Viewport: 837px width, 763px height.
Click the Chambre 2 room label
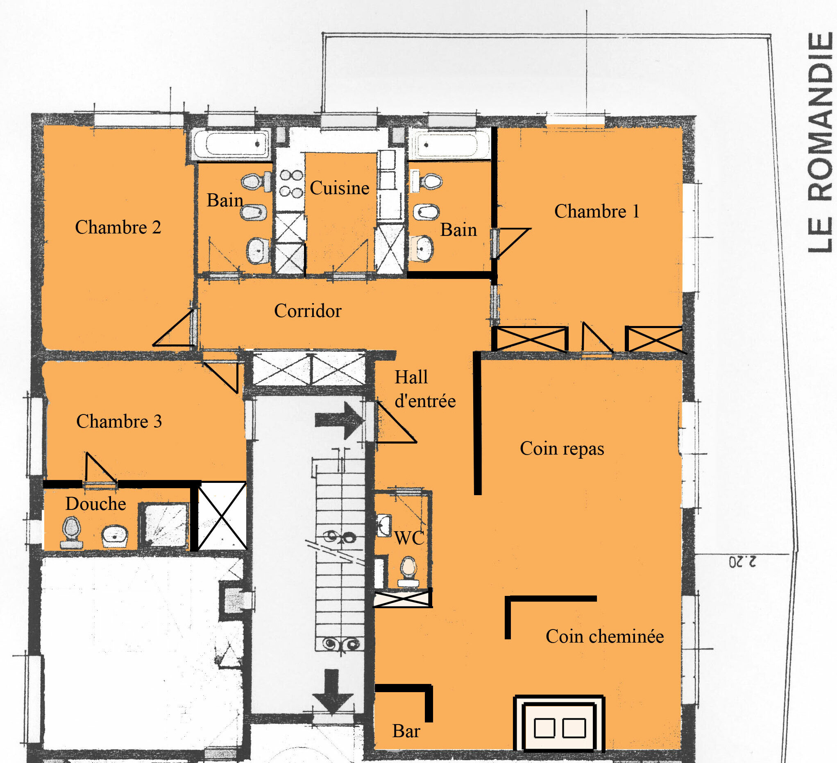118,227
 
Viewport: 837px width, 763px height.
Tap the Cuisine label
339,188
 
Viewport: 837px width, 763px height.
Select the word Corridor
308,310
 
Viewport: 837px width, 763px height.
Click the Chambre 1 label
596,211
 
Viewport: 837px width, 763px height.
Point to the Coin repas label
562,448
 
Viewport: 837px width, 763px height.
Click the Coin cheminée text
605,636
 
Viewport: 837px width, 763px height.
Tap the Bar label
406,731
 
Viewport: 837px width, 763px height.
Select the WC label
409,539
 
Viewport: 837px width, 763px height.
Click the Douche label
95,503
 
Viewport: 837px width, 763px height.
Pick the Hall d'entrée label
424,389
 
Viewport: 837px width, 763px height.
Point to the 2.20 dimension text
742,562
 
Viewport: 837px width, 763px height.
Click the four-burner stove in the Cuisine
291,183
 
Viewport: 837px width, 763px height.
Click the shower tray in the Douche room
164,526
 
